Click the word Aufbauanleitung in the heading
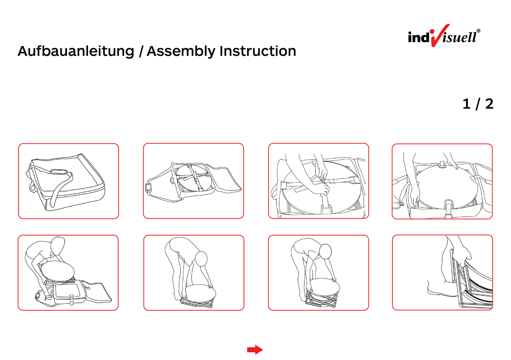tap(76, 51)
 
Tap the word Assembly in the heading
tap(181, 52)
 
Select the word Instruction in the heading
tap(258, 51)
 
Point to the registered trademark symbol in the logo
tap(478, 31)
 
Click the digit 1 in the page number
tap(466, 104)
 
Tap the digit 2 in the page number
tap(489, 104)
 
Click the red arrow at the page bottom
tap(255, 350)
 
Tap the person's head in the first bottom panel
tap(58, 247)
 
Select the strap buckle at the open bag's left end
tap(148, 188)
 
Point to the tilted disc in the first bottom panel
tap(58, 271)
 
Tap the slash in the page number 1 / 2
tap(478, 104)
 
